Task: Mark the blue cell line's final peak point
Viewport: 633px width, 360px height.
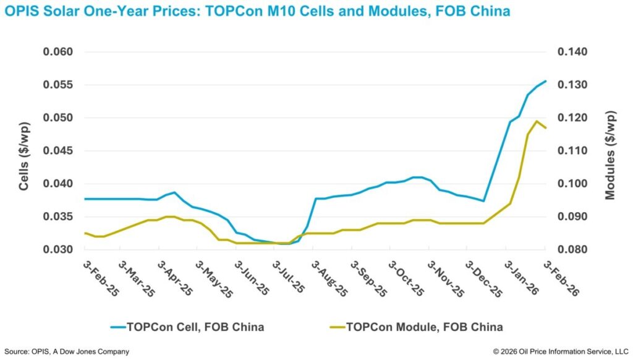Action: click(x=545, y=81)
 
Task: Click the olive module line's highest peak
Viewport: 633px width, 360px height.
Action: click(x=536, y=121)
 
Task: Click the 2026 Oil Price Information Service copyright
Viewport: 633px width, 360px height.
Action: click(x=559, y=351)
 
